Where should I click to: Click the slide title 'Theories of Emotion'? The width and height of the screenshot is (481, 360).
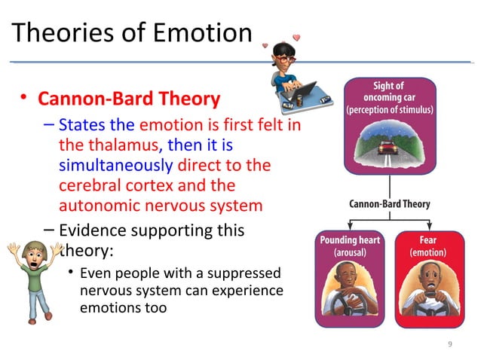click(132, 34)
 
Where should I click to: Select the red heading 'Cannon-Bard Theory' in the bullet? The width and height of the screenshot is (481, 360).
click(129, 99)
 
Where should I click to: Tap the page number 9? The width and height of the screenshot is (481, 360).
click(450, 344)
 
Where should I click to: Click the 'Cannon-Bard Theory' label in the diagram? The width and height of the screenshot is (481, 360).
click(389, 203)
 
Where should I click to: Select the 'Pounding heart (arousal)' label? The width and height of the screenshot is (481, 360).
click(350, 246)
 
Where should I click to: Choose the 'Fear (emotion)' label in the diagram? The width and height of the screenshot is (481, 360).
click(427, 246)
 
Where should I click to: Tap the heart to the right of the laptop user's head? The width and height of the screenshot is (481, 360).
click(297, 37)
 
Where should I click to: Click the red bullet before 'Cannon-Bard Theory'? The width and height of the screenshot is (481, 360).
click(25, 97)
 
